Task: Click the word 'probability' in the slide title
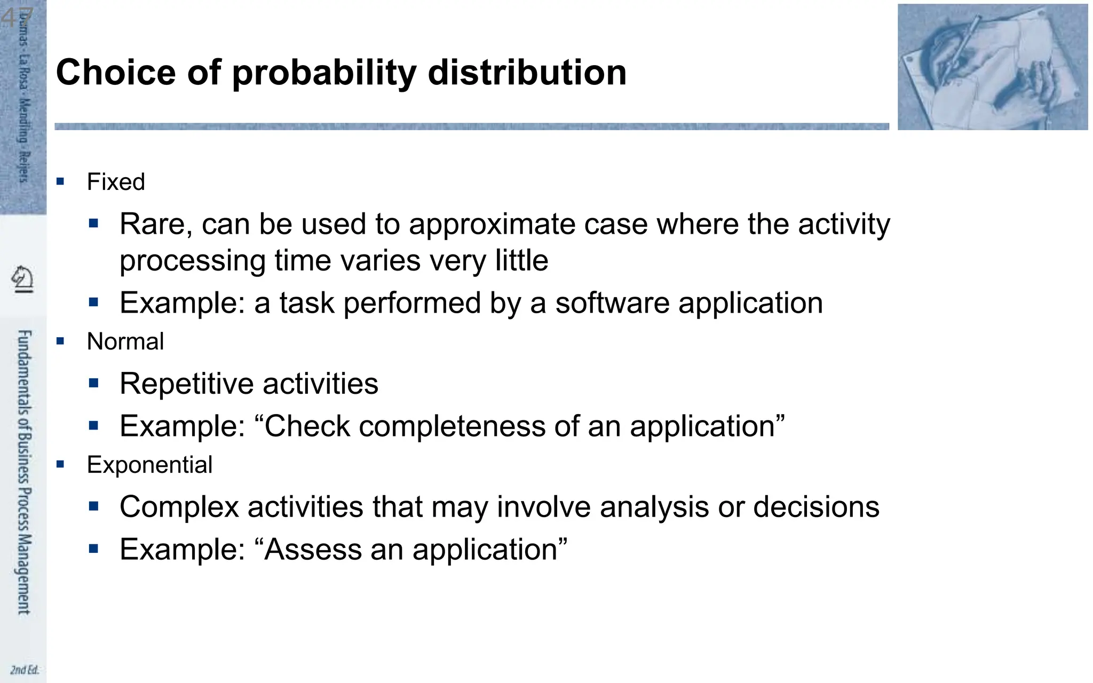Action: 324,73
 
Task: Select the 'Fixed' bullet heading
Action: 116,182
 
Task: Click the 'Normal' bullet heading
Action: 125,341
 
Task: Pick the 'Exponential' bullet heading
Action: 149,465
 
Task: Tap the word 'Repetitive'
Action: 186,384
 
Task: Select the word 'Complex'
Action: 179,507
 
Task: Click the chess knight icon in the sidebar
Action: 22,279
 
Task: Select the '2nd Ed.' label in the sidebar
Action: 24,670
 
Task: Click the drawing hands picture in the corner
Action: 992,67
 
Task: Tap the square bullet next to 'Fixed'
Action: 60,181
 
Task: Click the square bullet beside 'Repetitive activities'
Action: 94,383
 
